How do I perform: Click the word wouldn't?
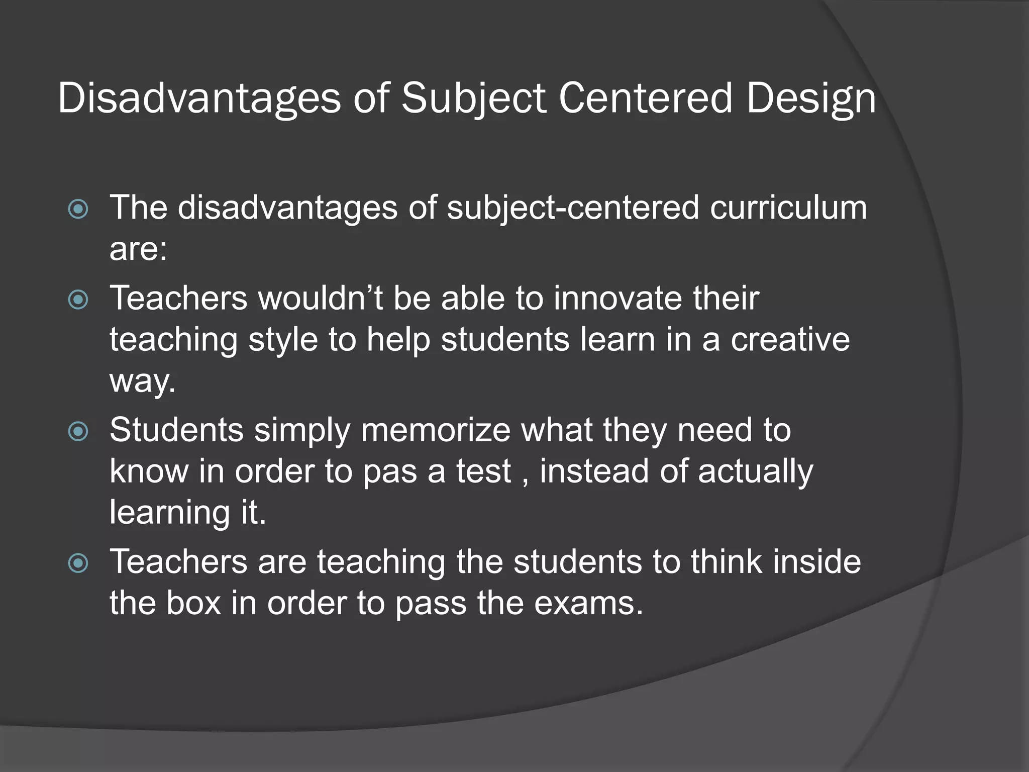pyautogui.click(x=320, y=298)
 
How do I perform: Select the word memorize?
pyautogui.click(x=436, y=430)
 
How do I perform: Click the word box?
pyautogui.click(x=193, y=603)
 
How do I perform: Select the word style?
pyautogui.click(x=283, y=340)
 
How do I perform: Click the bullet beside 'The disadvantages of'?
pyautogui.click(x=78, y=209)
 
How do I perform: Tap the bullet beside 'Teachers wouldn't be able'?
pyautogui.click(x=78, y=300)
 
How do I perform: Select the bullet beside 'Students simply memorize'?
pyautogui.click(x=78, y=431)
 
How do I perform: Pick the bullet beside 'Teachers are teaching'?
pyautogui.click(x=78, y=563)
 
